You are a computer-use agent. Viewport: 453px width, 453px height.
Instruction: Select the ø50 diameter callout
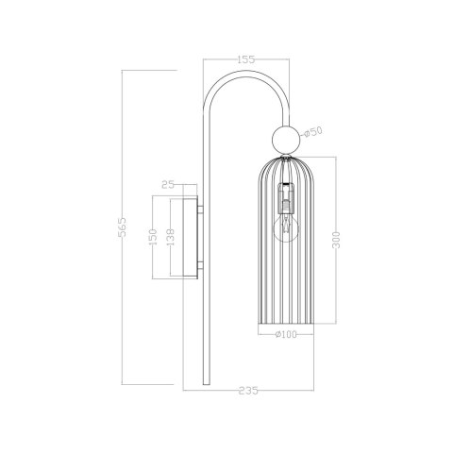click(318, 131)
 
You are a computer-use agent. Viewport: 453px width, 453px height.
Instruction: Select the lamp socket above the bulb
click(284, 199)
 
